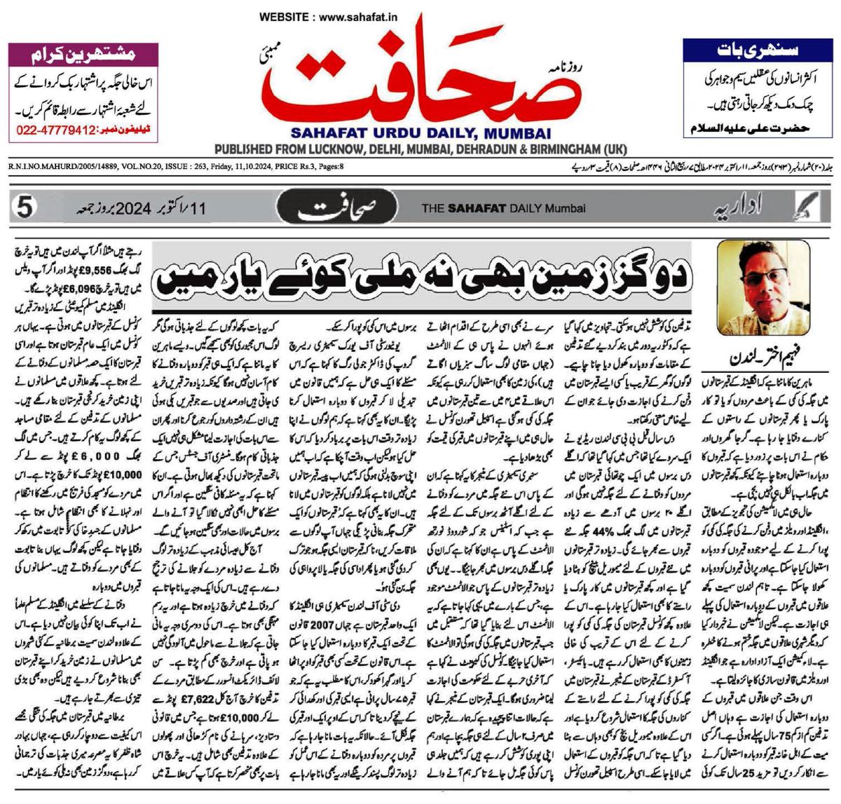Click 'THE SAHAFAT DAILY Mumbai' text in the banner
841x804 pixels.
(502, 208)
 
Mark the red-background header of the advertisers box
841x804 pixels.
(81, 52)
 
